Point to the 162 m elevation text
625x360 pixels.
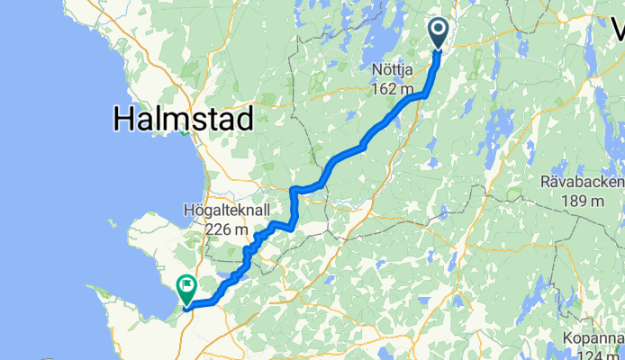click(392, 89)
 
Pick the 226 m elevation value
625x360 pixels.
click(226, 229)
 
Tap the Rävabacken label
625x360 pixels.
click(582, 181)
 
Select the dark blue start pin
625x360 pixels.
click(439, 34)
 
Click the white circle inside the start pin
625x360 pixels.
click(439, 30)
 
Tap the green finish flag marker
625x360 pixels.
click(186, 288)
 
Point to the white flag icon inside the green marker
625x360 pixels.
click(188, 286)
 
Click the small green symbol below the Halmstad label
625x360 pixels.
click(184, 134)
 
